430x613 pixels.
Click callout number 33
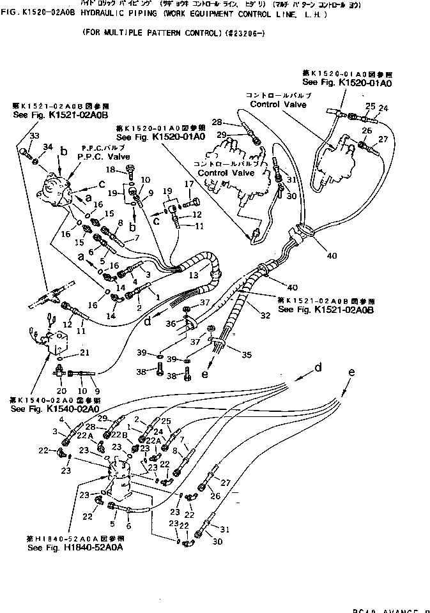34,135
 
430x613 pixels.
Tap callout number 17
189,185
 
